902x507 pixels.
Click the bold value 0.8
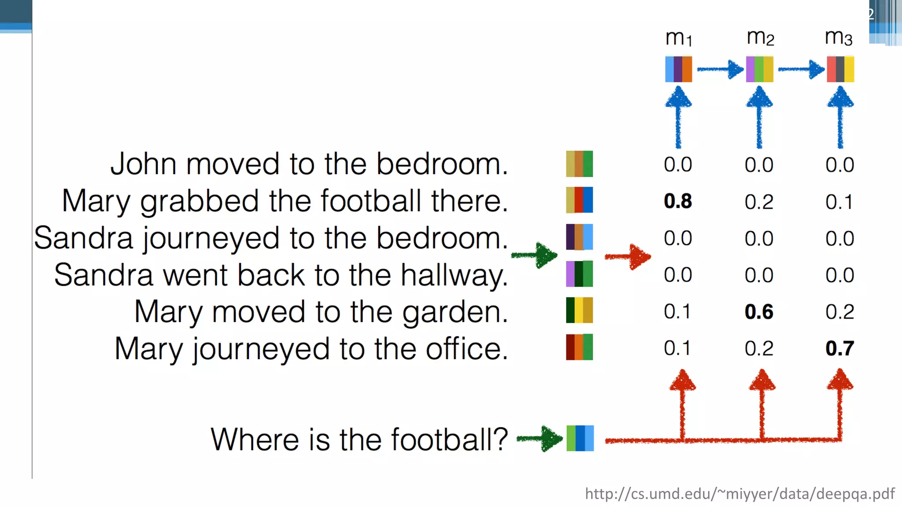click(678, 201)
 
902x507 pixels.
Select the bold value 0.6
click(759, 312)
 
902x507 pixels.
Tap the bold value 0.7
click(839, 348)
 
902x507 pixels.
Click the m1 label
click(679, 38)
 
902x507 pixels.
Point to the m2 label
click(760, 37)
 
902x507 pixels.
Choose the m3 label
click(839, 37)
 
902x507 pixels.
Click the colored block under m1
click(678, 69)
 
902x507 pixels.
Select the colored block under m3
click(840, 69)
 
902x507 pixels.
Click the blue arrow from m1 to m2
click(720, 70)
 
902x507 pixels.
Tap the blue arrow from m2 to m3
click(801, 70)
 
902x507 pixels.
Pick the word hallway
click(454, 276)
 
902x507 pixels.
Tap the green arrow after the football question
click(540, 438)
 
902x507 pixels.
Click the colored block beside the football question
click(580, 438)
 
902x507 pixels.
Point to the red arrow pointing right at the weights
click(628, 257)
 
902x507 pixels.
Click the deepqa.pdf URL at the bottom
click(739, 494)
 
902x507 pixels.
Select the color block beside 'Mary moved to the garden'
click(579, 310)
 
